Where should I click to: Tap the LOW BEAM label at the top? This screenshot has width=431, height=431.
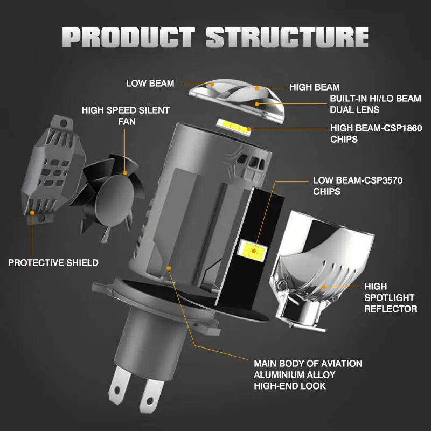[x=150, y=83]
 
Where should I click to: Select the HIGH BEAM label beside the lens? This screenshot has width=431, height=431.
[x=315, y=87]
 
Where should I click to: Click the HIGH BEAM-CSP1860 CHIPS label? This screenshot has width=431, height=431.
[x=376, y=134]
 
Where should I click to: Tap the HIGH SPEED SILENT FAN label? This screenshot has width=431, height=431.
[x=126, y=116]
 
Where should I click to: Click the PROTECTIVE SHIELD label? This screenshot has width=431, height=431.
[x=53, y=263]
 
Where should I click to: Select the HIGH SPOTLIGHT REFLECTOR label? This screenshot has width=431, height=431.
[x=391, y=297]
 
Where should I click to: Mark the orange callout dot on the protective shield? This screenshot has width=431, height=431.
[x=32, y=213]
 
